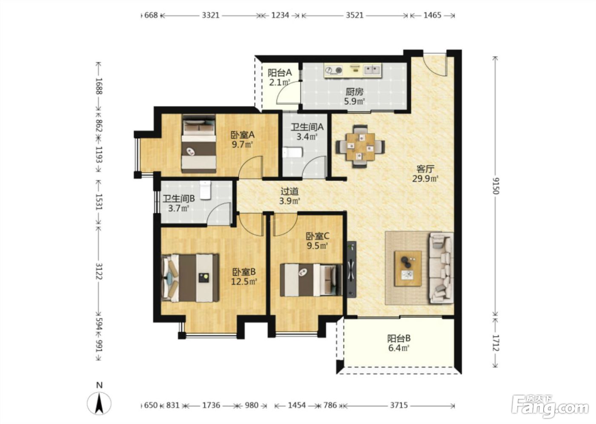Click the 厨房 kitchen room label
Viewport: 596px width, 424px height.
coord(354,92)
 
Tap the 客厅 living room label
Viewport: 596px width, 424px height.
coord(425,169)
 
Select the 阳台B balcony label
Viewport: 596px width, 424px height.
coord(398,338)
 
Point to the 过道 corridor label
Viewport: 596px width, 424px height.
coord(290,191)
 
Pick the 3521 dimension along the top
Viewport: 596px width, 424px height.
coord(354,15)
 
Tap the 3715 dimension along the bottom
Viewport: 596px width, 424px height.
coord(399,405)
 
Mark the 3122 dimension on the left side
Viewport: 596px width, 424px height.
coord(99,271)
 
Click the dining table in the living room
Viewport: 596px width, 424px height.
coord(360,146)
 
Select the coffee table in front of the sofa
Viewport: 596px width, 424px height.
coord(408,268)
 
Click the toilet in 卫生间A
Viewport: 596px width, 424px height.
coord(292,153)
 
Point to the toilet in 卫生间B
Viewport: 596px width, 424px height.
coord(205,190)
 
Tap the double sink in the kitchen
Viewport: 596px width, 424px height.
coord(372,70)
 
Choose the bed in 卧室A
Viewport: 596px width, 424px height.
coord(199,144)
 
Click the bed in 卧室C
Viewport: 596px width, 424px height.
coord(311,280)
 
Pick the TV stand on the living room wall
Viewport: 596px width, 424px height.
coord(352,269)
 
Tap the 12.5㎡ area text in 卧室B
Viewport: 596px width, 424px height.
coord(244,281)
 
